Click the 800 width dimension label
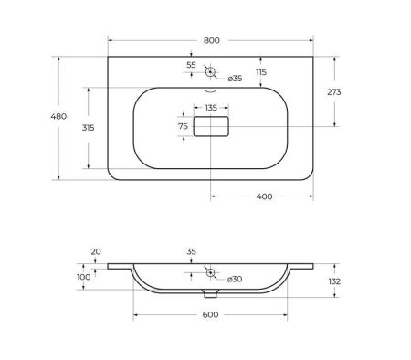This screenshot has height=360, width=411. click(212, 40)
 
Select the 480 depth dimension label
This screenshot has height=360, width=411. click(58, 116)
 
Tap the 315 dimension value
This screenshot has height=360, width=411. click(89, 128)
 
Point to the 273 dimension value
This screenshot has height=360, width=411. click(334, 92)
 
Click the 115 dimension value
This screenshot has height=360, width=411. click(261, 72)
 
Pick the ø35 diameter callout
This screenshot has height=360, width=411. click(235, 79)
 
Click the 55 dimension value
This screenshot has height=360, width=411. click(191, 65)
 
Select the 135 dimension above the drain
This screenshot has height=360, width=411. click(211, 108)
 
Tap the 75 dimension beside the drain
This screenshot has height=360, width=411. click(183, 126)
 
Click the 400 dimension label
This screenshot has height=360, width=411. click(264, 196)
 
